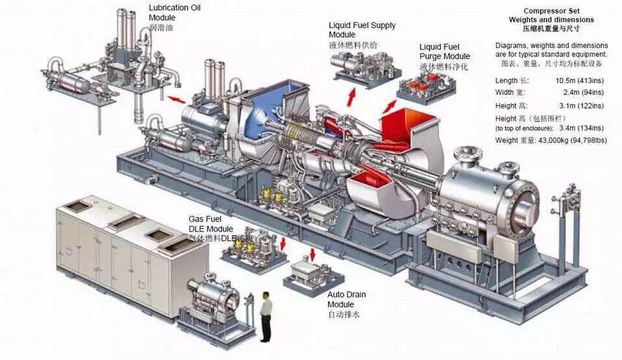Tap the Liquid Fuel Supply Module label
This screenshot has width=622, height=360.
pos(361,30)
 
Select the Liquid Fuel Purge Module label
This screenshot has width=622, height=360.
pos(448,51)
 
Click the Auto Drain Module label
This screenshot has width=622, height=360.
pos(346,300)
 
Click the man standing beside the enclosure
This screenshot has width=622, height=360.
pos(265,316)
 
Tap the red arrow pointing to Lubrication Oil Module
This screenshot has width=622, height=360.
pos(174,99)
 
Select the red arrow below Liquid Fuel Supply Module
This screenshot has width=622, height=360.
pos(351,97)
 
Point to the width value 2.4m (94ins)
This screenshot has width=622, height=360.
pos(580,92)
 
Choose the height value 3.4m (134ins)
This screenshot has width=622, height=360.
pos(580,129)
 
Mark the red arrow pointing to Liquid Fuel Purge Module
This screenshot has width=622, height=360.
pos(390,106)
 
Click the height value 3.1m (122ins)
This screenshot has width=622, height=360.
pos(580,105)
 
